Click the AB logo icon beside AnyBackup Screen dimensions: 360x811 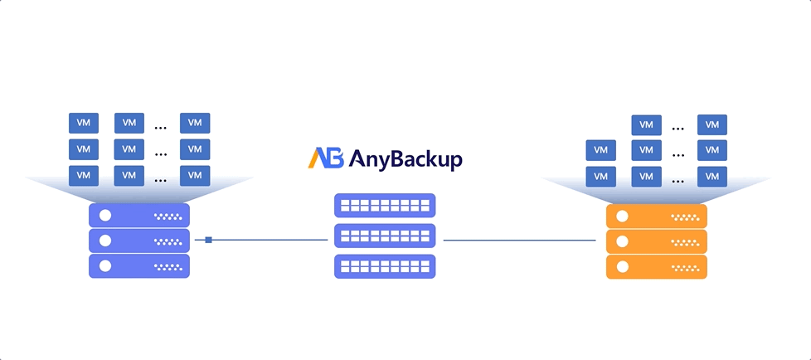(x=326, y=158)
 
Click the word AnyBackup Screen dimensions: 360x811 (x=405, y=158)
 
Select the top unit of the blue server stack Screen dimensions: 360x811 (x=139, y=216)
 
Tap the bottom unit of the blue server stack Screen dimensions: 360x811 (x=139, y=266)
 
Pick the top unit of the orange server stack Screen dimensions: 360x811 (x=657, y=216)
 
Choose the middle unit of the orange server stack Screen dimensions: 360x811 (x=657, y=241)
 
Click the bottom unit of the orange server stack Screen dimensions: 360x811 (x=657, y=266)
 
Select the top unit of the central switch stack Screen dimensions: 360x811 (x=385, y=205)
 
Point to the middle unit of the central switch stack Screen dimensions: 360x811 (x=385, y=236)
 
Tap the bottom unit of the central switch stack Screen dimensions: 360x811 (x=385, y=266)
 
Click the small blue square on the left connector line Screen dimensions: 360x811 (x=208, y=240)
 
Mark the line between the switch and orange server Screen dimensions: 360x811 (x=519, y=241)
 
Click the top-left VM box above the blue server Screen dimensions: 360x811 (x=83, y=123)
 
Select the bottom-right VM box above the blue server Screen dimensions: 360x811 (x=195, y=176)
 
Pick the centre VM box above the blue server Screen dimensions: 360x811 (x=129, y=149)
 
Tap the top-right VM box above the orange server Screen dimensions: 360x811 (x=711, y=125)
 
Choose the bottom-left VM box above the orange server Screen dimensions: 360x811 (x=600, y=177)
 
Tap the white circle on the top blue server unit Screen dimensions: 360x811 (x=105, y=216)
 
